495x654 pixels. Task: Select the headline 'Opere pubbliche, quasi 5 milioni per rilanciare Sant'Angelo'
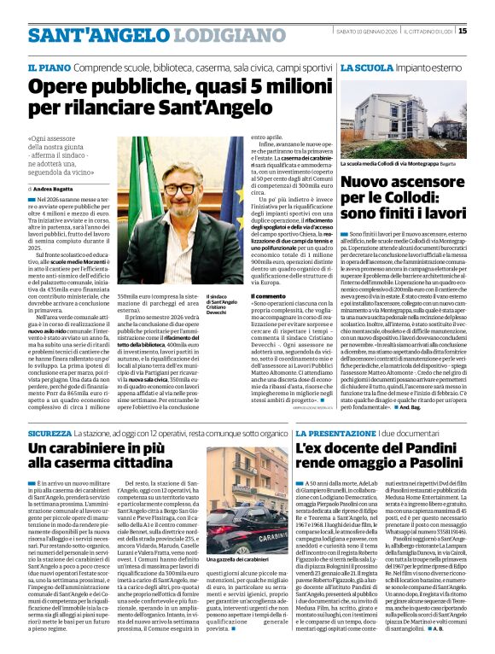pos(179,98)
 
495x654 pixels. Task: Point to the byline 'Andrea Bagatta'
pos(55,188)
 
